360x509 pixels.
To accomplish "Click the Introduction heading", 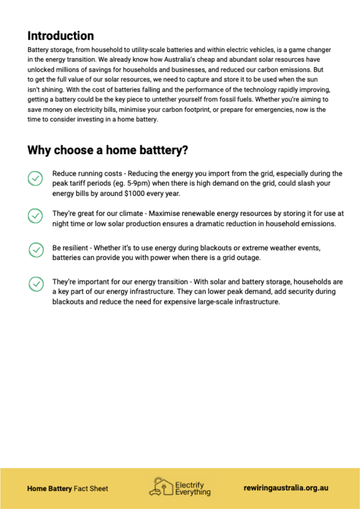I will (61, 36).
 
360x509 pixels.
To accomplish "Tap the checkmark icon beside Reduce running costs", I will (35, 178).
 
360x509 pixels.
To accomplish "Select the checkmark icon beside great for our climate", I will (35, 216).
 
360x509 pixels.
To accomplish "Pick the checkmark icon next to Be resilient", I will (35, 249).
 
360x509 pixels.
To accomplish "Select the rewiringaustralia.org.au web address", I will (286, 488).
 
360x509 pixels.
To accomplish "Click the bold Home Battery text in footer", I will (49, 489).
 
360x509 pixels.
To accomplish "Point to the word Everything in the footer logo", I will (192, 492).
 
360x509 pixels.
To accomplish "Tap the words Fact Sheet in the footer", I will (91, 489).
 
